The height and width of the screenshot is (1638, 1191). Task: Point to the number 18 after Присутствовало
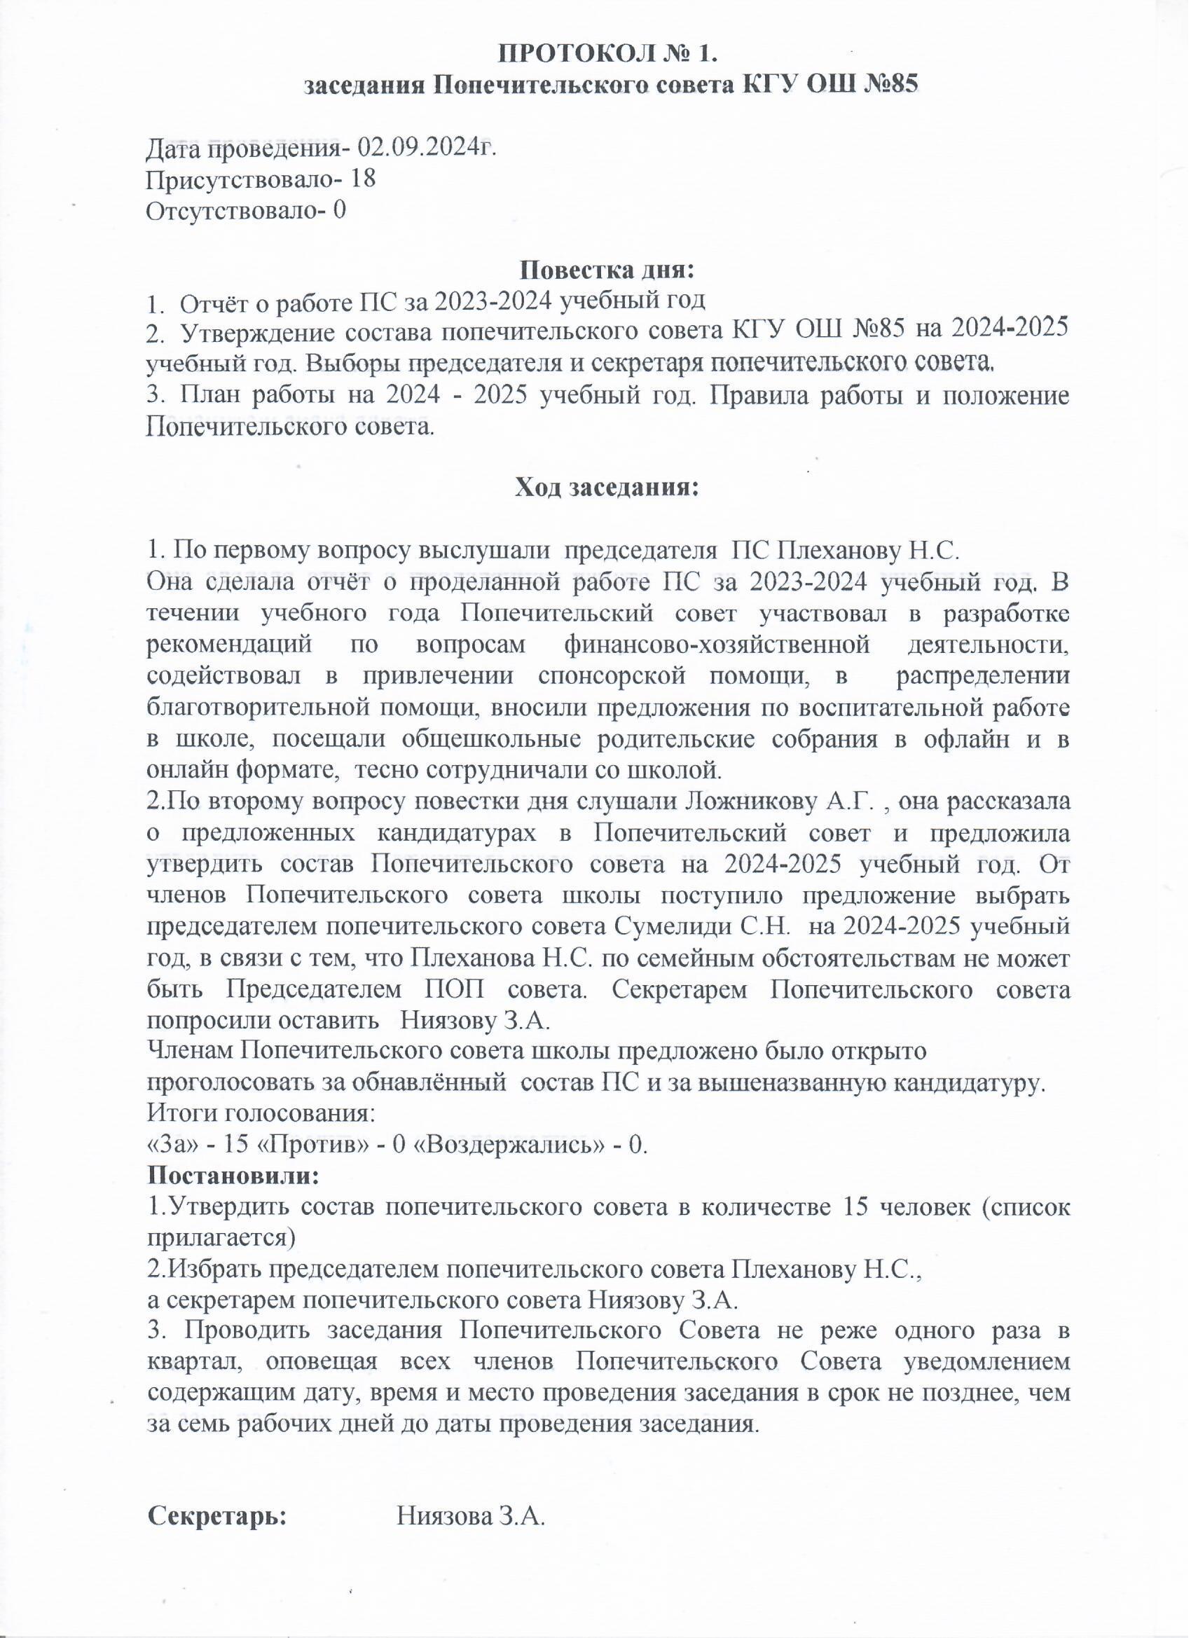click(363, 179)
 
